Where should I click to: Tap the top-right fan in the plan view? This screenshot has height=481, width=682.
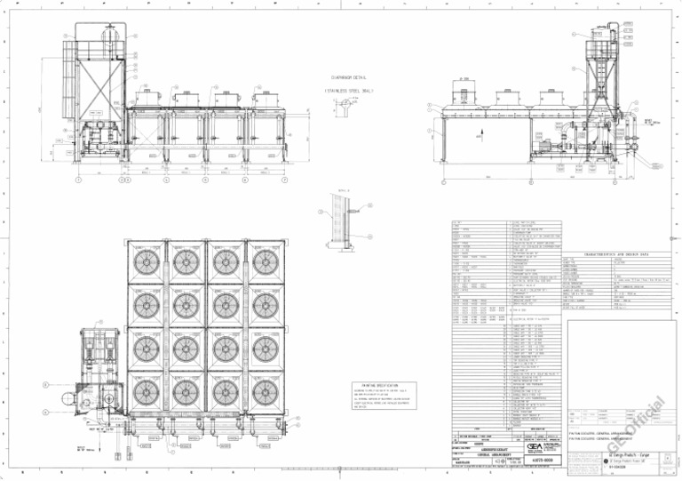pyautogui.click(x=264, y=262)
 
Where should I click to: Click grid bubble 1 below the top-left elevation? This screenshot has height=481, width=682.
pyautogui.click(x=78, y=180)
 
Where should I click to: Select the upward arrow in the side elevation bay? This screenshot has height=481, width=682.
pyautogui.click(x=480, y=138)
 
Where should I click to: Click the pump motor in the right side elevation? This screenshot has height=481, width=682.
pyautogui.click(x=543, y=139)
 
